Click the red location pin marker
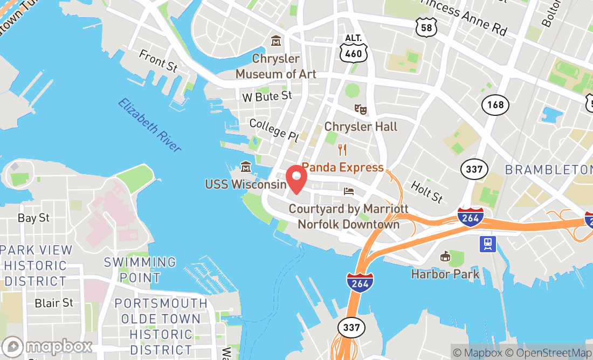click(296, 178)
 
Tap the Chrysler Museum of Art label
click(275, 66)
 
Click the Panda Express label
click(342, 167)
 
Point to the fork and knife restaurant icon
click(342, 149)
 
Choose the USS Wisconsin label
click(245, 184)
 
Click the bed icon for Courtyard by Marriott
click(349, 191)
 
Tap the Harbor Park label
click(445, 274)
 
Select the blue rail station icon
click(488, 244)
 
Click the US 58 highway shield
click(426, 26)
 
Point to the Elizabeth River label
click(150, 125)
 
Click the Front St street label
click(158, 60)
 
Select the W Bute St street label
click(267, 96)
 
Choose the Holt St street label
click(427, 191)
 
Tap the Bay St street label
click(33, 218)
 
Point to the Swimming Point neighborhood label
click(140, 270)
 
